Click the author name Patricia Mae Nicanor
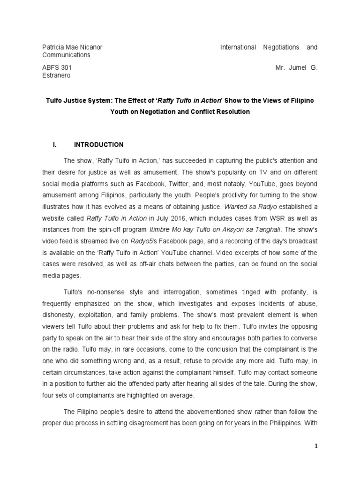click(72, 47)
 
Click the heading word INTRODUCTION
click(99, 145)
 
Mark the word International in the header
click(238, 47)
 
